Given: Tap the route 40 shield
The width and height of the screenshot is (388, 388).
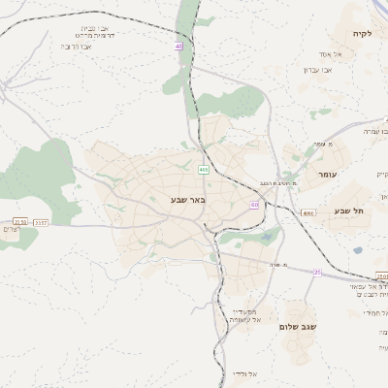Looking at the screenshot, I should pyautogui.click(x=178, y=46).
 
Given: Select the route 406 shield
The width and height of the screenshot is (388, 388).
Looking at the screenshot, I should pyautogui.click(x=203, y=170).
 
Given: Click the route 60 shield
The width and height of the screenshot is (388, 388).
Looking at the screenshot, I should pyautogui.click(x=254, y=205).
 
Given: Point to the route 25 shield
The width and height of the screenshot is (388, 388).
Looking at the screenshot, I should pyautogui.click(x=316, y=273).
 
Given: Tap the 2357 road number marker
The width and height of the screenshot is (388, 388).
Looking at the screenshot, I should pyautogui.click(x=41, y=222).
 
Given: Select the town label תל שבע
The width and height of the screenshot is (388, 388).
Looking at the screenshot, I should pyautogui.click(x=346, y=210).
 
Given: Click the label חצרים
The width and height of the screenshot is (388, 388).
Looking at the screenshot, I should pyautogui.click(x=11, y=230).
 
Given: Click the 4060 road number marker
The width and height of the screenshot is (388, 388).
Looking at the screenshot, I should pyautogui.click(x=308, y=212).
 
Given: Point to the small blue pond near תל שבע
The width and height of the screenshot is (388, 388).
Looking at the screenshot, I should pyautogui.click(x=358, y=250).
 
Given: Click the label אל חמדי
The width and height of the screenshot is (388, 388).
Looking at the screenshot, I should pyautogui.click(x=373, y=313).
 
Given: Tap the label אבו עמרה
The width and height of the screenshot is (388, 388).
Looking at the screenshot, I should pyautogui.click(x=374, y=131).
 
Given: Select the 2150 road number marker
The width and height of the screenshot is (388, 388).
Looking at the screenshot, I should pyautogui.click(x=20, y=222).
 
